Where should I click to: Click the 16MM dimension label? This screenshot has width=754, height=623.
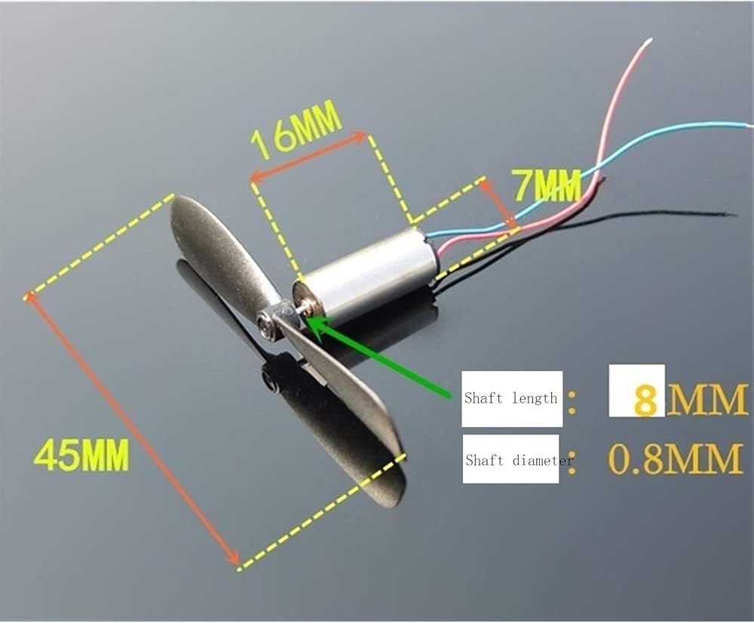(x=296, y=132)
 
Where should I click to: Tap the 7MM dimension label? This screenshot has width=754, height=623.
(x=546, y=183)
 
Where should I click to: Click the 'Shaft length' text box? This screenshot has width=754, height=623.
(x=511, y=398)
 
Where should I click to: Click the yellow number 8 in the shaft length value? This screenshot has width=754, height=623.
(x=645, y=400)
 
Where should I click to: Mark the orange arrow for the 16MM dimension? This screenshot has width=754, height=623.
(x=309, y=158)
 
